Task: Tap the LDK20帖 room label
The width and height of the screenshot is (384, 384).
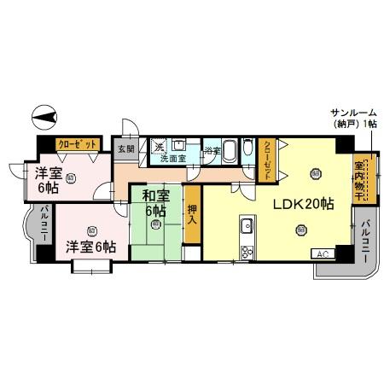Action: pos(302,205)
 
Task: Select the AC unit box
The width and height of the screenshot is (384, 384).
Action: pos(323,253)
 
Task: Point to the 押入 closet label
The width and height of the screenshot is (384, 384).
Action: pos(192,214)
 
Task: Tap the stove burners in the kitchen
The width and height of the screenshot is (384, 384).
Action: pos(247,251)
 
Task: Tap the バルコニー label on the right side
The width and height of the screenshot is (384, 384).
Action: pos(365,239)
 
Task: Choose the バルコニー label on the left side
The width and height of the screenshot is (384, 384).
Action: pos(44,223)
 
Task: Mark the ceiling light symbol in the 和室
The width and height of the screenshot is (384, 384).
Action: pos(155,225)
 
